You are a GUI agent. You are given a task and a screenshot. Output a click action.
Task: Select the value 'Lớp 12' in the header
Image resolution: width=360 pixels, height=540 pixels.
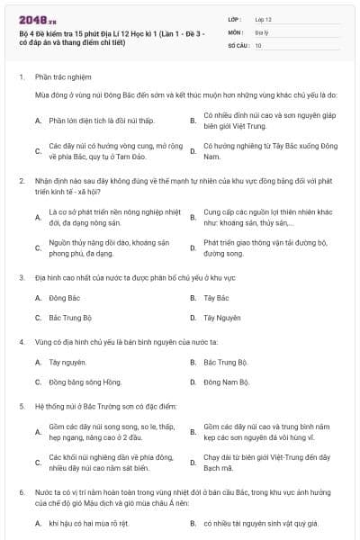pyautogui.click(x=263, y=19)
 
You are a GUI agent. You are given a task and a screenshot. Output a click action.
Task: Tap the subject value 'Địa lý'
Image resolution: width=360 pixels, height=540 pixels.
pyautogui.click(x=261, y=31)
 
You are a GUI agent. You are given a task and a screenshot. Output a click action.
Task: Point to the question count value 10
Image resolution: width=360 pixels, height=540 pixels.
pyautogui.click(x=258, y=44)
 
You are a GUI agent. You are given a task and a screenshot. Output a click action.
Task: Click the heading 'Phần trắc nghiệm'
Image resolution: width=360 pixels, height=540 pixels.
pyautogui.click(x=61, y=77)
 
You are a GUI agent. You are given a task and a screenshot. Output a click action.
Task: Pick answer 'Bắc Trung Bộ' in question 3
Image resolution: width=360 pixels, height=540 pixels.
pyautogui.click(x=71, y=318)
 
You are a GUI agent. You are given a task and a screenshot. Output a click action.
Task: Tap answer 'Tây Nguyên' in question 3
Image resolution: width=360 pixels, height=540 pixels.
pyautogui.click(x=221, y=318)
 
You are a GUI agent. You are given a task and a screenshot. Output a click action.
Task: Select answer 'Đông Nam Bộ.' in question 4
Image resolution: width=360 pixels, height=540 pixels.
pyautogui.click(x=226, y=382)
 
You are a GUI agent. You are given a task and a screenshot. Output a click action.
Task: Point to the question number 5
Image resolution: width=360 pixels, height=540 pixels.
pyautogui.click(x=21, y=407)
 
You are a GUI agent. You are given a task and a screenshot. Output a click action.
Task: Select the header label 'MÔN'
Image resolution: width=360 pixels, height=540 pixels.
pyautogui.click(x=237, y=31)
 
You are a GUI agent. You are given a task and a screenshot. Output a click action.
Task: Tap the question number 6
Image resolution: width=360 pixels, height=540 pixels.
pyautogui.click(x=21, y=493)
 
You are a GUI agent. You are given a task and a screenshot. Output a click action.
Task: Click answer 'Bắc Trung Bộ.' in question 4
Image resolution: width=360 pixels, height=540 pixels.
pyautogui.click(x=225, y=362)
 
